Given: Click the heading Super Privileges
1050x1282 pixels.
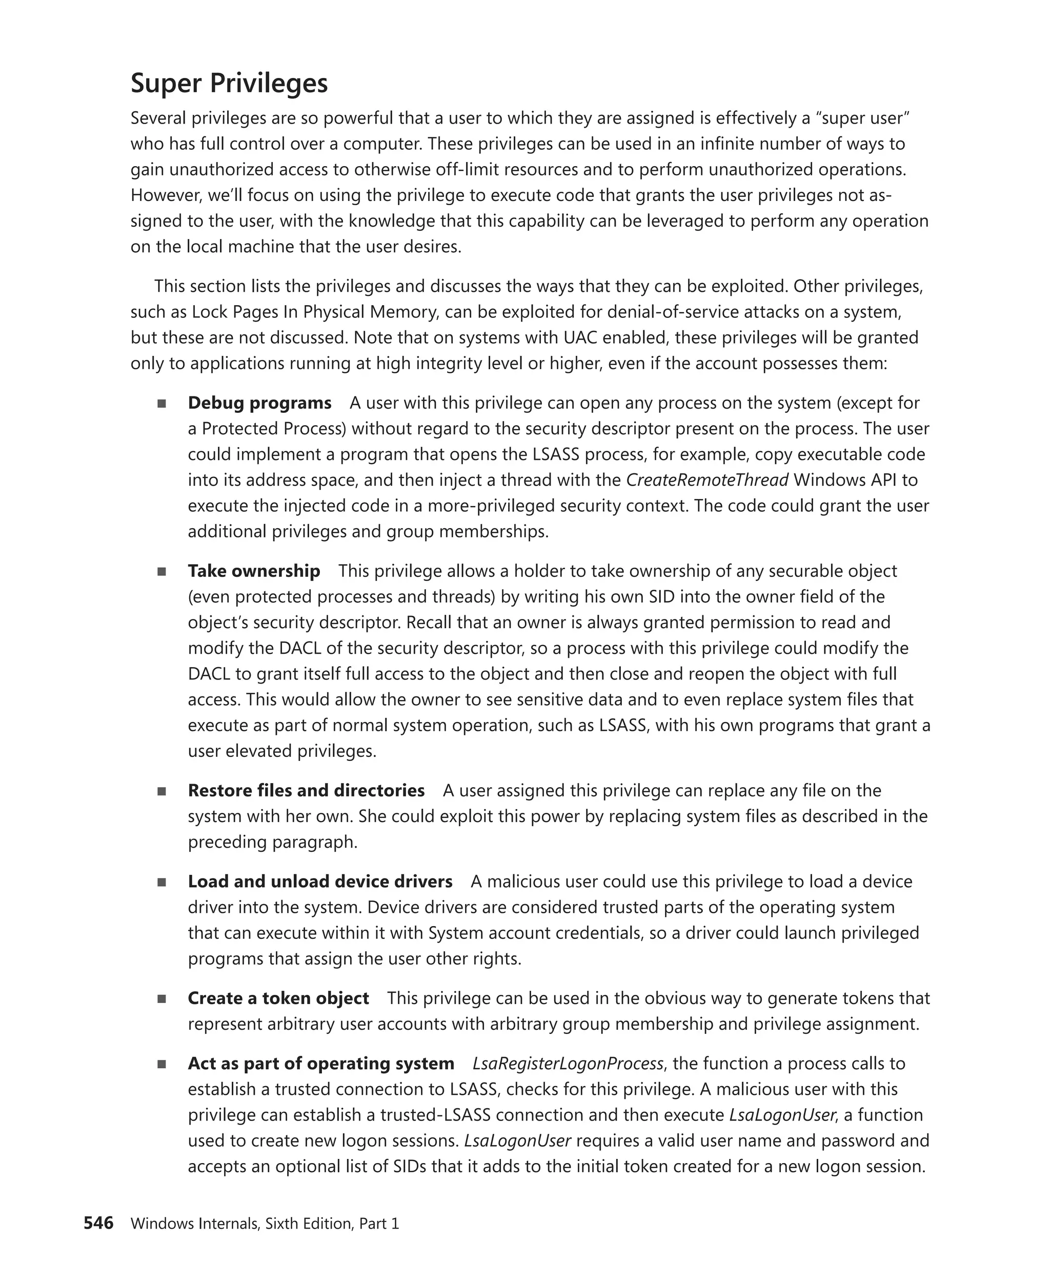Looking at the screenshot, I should [x=229, y=84].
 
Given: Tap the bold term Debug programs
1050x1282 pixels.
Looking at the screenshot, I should [x=259, y=403].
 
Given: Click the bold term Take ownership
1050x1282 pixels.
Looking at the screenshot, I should [x=253, y=571].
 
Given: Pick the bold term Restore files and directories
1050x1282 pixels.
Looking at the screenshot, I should [x=306, y=791].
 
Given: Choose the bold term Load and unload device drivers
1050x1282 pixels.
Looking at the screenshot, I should [x=320, y=882].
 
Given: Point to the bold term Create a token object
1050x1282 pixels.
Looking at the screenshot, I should [x=278, y=998].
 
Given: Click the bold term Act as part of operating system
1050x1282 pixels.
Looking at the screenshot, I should [x=320, y=1064].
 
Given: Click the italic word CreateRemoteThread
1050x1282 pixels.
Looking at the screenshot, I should [x=707, y=480].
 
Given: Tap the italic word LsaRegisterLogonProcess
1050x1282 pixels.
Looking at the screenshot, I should [x=568, y=1064].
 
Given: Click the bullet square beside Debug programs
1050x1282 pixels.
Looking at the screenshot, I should [x=161, y=404].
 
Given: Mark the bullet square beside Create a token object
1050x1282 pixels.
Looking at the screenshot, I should [x=161, y=999].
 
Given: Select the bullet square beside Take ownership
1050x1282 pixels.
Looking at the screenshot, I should [x=161, y=572].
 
